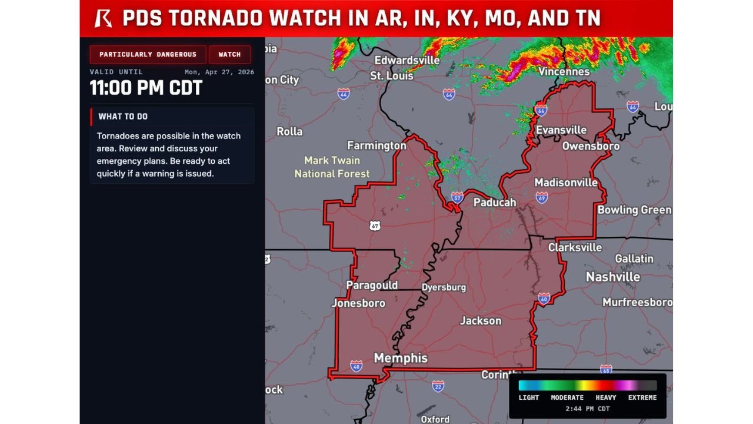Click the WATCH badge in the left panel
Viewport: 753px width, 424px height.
pos(229,54)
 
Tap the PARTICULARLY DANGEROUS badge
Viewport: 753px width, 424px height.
pos(148,54)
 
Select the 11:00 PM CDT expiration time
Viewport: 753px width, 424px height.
pos(146,88)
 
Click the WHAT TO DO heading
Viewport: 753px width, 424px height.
pos(123,117)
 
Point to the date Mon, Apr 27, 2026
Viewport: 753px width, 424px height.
pos(219,72)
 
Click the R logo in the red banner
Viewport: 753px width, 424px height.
pos(104,18)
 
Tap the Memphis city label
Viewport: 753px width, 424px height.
pos(401,358)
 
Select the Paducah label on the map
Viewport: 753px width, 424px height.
pos(495,203)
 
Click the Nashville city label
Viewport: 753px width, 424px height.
pos(613,277)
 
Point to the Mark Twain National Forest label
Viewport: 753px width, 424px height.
pos(332,167)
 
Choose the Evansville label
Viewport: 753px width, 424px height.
pos(561,130)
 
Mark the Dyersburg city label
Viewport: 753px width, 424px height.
pos(444,287)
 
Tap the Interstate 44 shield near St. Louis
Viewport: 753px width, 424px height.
pos(344,94)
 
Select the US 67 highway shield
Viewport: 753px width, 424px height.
pos(375,226)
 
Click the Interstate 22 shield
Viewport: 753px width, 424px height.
pos(438,386)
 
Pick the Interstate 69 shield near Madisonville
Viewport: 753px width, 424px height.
pos(542,198)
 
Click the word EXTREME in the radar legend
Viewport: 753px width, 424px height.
pos(642,397)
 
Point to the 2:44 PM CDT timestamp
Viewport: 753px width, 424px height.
pos(587,409)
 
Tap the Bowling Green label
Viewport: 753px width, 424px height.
pos(634,210)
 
